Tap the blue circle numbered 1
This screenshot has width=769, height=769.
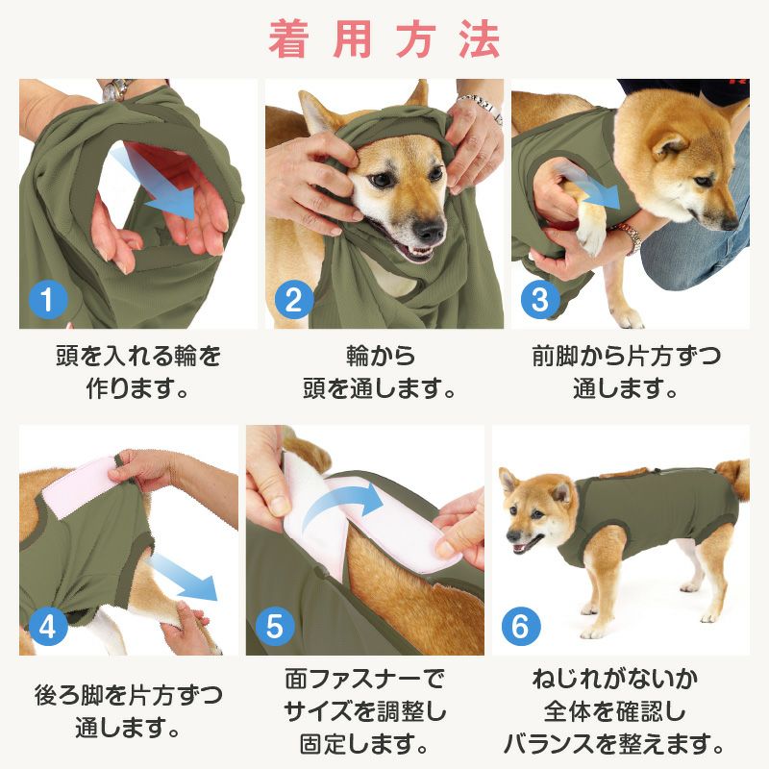coord(48,301)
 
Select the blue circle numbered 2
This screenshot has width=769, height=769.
coord(293,301)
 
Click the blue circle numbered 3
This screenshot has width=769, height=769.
coord(539,301)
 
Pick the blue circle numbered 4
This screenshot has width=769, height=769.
coord(48,627)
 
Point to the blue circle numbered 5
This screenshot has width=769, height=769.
coord(274,627)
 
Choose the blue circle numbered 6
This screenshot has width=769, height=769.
coord(520,627)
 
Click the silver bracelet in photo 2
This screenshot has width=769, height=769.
coord(481,106)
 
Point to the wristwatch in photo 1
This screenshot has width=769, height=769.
coord(116,90)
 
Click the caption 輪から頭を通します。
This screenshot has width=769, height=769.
coord(384,373)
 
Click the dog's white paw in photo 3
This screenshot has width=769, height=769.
coord(595,226)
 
